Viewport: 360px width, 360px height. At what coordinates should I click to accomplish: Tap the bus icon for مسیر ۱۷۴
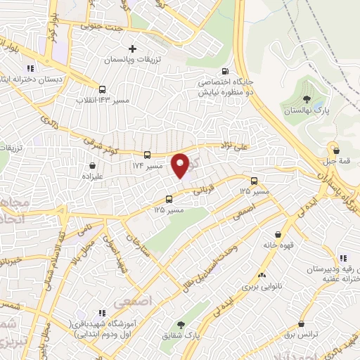tap(147, 155)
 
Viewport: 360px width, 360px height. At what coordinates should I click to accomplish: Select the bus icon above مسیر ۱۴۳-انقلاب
tap(103, 89)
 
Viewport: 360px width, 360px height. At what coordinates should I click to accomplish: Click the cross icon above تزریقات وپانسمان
tap(132, 49)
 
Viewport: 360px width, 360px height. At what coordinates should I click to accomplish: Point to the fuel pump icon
tap(225, 71)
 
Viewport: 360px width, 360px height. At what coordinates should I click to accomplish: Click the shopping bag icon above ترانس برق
tap(302, 324)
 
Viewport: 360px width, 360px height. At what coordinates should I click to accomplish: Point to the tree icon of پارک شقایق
tap(182, 324)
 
